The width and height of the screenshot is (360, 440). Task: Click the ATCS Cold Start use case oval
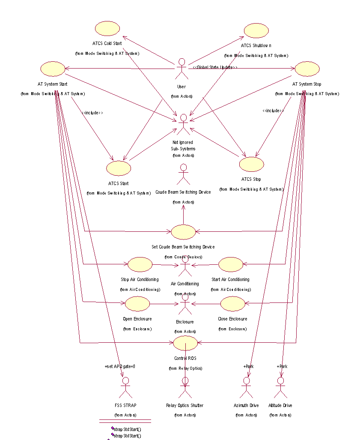point(107,28)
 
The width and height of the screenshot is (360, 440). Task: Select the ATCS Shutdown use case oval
point(256,31)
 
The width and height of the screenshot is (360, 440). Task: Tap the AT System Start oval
point(52,69)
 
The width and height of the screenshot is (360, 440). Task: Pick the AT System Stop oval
point(307,69)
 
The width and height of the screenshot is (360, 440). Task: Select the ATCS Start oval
point(119,168)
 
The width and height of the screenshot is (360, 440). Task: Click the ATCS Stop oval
point(251,164)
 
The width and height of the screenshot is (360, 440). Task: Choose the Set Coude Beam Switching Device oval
point(183,232)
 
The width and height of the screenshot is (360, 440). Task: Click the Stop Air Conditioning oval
point(140,264)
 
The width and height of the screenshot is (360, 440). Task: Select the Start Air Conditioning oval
point(231,264)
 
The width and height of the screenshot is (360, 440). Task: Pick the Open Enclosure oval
point(137,304)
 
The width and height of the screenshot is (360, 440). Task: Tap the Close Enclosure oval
point(233,304)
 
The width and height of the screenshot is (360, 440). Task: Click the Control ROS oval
point(185,343)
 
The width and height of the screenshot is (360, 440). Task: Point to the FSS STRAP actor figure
point(125,387)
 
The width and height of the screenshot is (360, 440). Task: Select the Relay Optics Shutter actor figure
point(185,387)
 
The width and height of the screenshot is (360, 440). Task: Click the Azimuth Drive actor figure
point(246,387)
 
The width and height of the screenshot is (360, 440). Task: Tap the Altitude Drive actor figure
point(281,387)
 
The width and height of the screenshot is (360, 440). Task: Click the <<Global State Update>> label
point(215,67)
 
